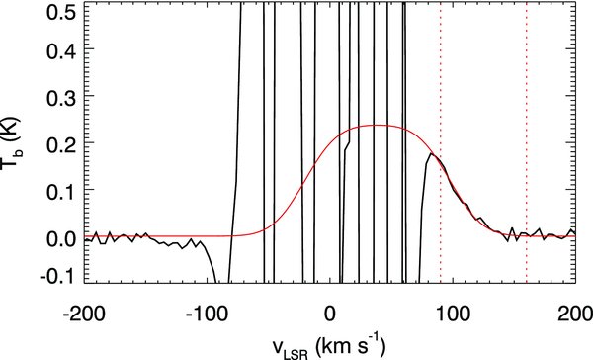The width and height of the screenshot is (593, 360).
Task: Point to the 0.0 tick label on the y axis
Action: pyautogui.click(x=61, y=237)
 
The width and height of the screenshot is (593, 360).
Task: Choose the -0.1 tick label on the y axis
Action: pyautogui.click(x=57, y=276)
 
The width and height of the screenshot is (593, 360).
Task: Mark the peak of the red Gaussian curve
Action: pyautogui.click(x=376, y=125)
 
